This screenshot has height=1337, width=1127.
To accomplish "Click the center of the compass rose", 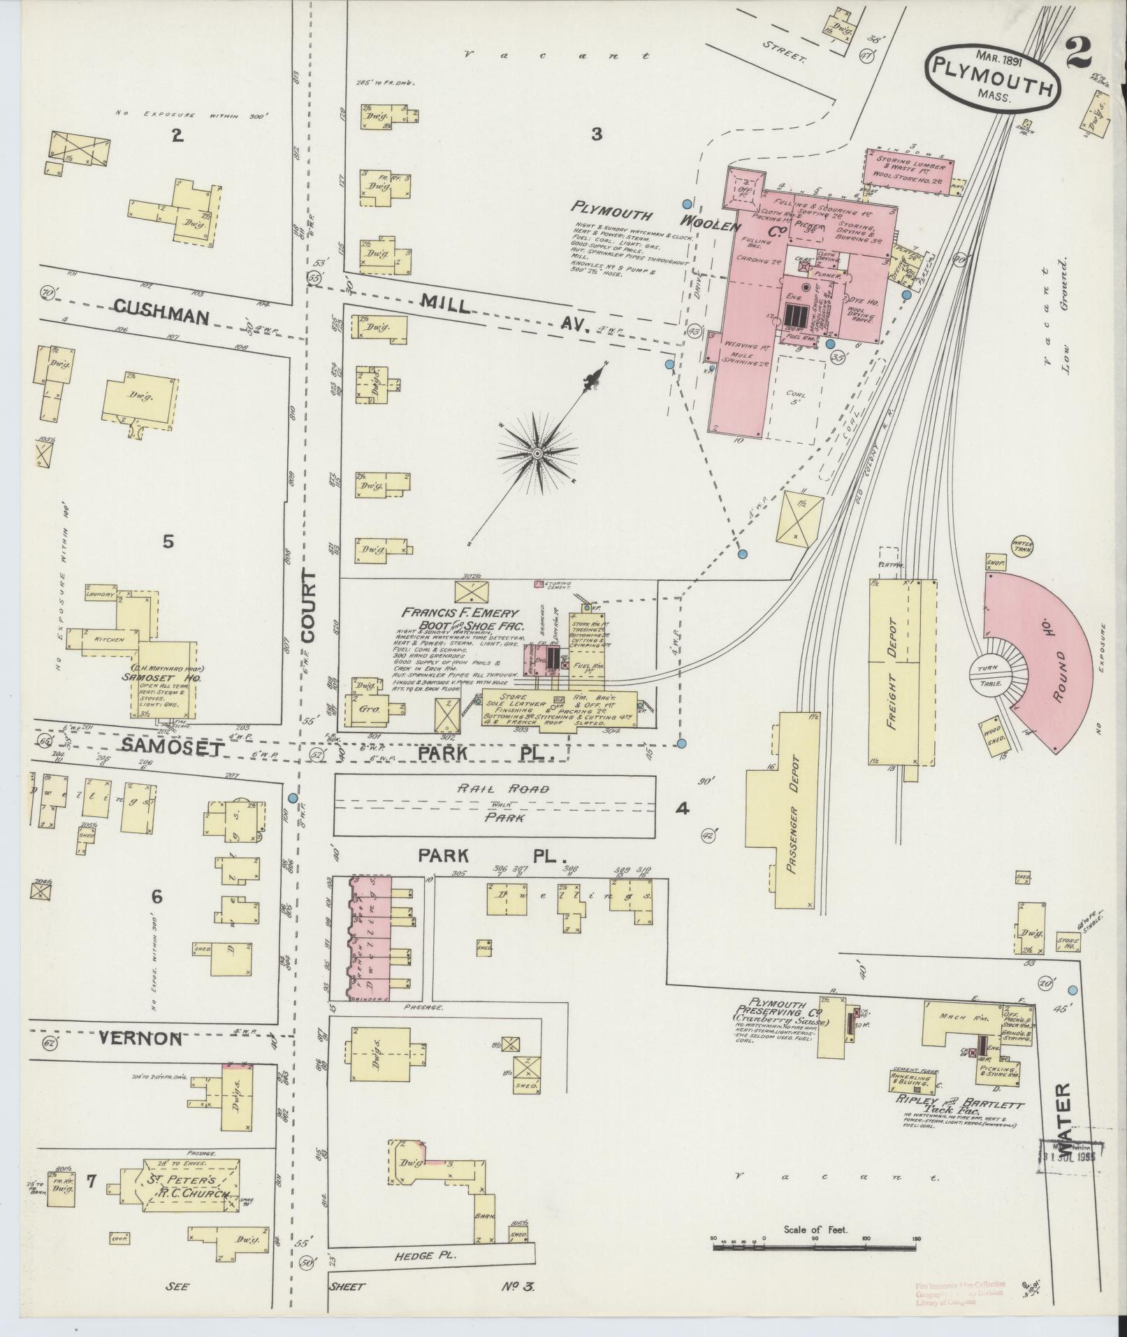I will [537, 454].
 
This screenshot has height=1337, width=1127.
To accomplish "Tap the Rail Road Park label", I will [494, 802].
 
